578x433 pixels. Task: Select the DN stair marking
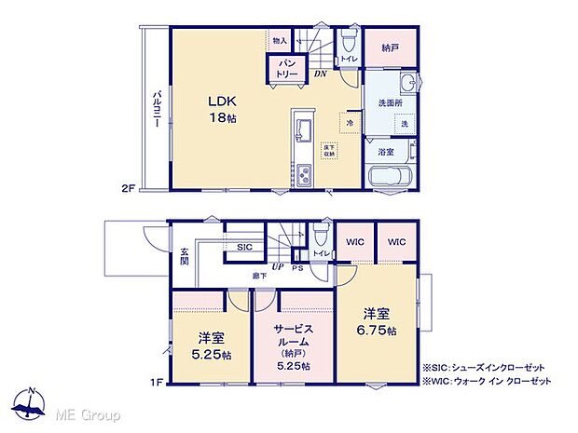pos(320,74)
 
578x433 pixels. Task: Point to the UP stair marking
pos(279,266)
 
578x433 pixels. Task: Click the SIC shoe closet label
pos(244,247)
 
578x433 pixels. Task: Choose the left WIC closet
pos(353,243)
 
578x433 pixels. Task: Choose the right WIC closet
pos(396,243)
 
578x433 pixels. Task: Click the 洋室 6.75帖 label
pos(377,321)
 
